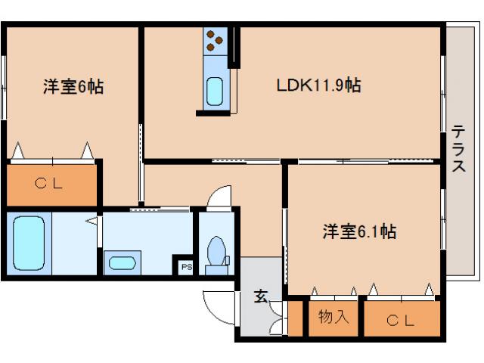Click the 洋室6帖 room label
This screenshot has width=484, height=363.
point(73,87)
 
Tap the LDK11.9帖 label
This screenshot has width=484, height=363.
point(317,85)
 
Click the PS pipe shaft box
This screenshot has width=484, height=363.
point(185,266)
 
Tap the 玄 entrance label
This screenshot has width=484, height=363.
point(260,296)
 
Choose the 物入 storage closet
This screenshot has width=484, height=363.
point(334,317)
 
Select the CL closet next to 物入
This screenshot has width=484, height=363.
point(402,320)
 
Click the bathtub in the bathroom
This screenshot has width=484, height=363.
point(29,243)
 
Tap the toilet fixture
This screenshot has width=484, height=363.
point(217,250)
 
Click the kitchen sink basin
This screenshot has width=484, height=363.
point(215,92)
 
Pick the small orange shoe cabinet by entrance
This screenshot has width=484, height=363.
point(295,318)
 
